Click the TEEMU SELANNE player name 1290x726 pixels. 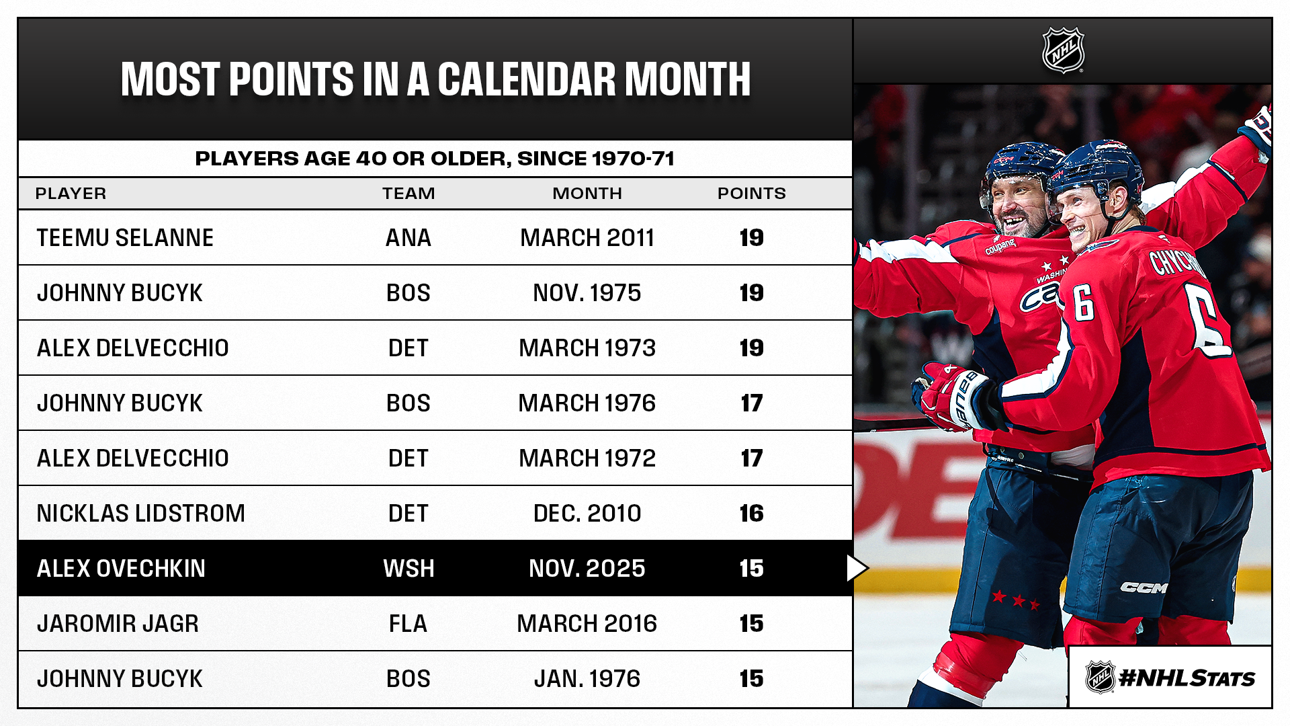(x=125, y=238)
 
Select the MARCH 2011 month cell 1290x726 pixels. (x=587, y=238)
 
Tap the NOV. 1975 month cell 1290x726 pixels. (x=587, y=293)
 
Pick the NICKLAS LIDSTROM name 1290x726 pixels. (x=141, y=514)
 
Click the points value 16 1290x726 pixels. (x=752, y=514)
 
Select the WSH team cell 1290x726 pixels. (x=408, y=569)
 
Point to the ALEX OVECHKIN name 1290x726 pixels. (x=121, y=569)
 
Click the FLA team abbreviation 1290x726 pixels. (x=408, y=624)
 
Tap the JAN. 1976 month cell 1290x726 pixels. (x=587, y=679)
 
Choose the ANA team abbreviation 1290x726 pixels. (x=408, y=238)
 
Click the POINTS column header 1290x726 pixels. (x=752, y=194)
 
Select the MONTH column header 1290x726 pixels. (x=587, y=194)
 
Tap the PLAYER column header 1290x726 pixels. (x=71, y=194)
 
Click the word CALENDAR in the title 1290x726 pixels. (x=527, y=79)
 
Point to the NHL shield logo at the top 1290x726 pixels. (x=1063, y=50)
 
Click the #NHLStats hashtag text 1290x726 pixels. (x=1187, y=678)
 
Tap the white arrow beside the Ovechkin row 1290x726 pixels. (x=857, y=569)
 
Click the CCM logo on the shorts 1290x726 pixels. (x=1144, y=588)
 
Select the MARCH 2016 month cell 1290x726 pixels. (x=587, y=624)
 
